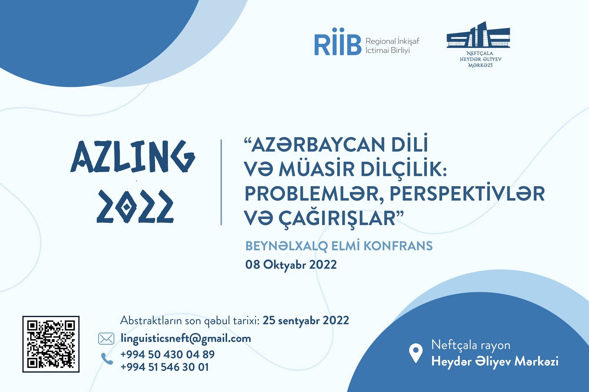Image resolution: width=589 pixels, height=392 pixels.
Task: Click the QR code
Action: pyautogui.click(x=51, y=344)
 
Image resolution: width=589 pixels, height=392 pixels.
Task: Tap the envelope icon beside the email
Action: pyautogui.click(x=106, y=339)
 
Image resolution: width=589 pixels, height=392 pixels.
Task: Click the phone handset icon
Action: pyautogui.click(x=107, y=359)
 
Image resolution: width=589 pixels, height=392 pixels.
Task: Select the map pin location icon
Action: pyautogui.click(x=416, y=353)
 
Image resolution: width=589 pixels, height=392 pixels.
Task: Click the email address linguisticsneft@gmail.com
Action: pyautogui.click(x=186, y=338)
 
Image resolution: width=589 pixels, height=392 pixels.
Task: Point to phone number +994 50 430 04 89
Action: pyautogui.click(x=168, y=354)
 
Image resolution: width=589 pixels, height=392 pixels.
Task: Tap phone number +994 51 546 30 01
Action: pyautogui.click(x=165, y=367)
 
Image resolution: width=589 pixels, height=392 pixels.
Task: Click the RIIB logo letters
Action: pyautogui.click(x=338, y=42)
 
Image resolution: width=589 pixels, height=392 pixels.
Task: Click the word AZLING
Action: pyautogui.click(x=133, y=156)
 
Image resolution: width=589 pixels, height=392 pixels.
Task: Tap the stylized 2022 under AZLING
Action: pyautogui.click(x=135, y=206)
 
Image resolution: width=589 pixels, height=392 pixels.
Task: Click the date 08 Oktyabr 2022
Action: pyautogui.click(x=291, y=265)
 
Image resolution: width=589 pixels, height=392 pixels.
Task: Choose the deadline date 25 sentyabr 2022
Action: pyautogui.click(x=306, y=320)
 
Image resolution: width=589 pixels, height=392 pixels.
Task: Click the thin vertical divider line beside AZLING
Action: pyautogui.click(x=221, y=182)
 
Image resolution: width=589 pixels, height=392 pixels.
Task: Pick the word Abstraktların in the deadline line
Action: pyautogui.click(x=151, y=320)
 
